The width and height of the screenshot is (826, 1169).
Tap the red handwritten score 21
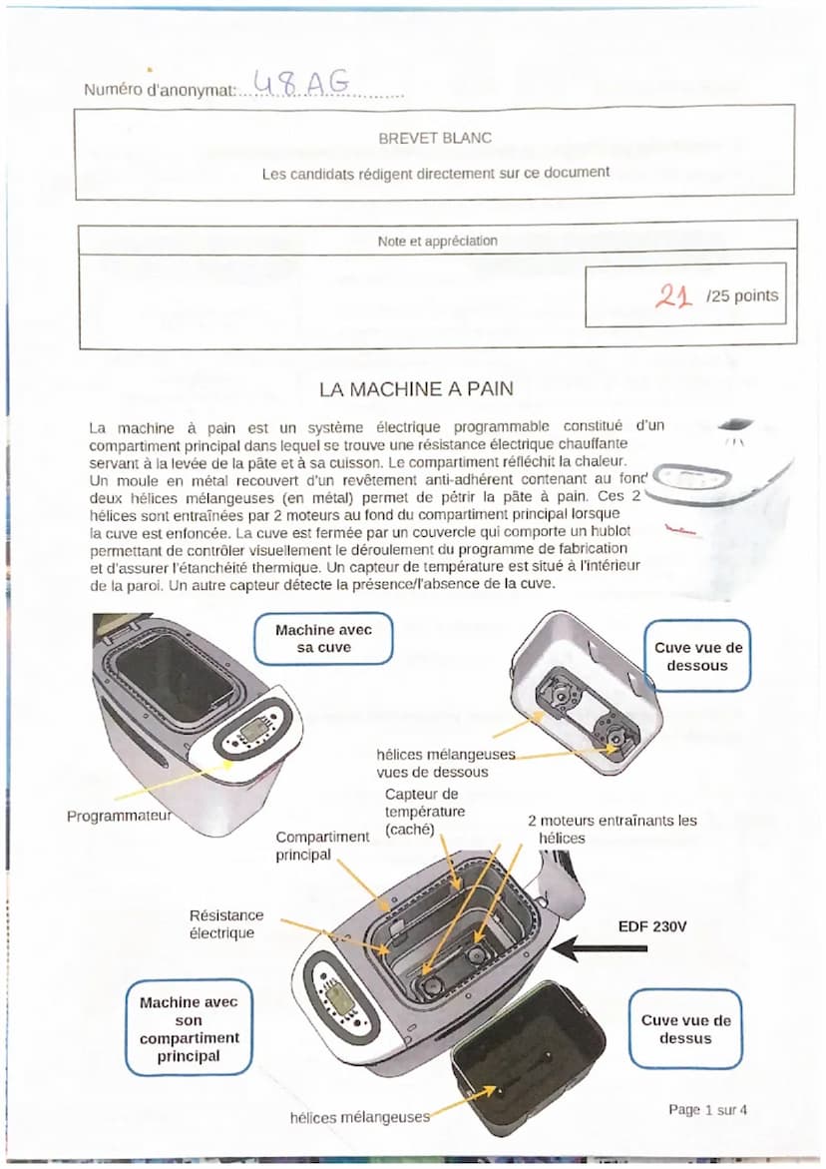point(673,294)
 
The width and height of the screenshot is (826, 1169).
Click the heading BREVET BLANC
point(435,138)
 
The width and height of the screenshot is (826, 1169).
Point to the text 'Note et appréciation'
point(437,241)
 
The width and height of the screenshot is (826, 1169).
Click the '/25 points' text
point(741,295)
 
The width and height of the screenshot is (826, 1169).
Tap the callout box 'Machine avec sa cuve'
point(323,639)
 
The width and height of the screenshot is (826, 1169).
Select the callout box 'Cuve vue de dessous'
point(697,656)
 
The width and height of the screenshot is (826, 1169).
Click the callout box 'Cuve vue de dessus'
point(685,1029)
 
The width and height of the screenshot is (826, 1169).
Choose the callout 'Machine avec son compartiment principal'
point(190,1028)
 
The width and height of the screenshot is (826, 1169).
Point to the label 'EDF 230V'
point(652,925)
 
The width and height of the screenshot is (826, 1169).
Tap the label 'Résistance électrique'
point(226,923)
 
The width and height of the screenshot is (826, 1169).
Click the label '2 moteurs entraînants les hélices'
point(612,829)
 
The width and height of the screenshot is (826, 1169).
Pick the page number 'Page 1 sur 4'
point(707,1109)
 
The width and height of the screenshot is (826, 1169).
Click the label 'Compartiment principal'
point(322,846)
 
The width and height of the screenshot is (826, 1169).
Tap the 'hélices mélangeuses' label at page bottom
point(359,1117)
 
